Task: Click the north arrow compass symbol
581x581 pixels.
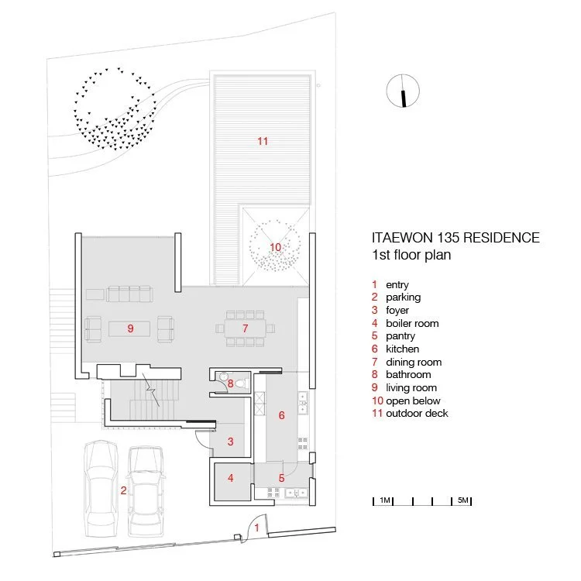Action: [x=403, y=91]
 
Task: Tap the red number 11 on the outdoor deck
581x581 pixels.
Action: [x=263, y=141]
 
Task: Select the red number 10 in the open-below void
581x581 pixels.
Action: [x=275, y=247]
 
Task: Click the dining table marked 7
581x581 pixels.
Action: [x=245, y=328]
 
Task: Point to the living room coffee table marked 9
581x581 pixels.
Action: [x=129, y=328]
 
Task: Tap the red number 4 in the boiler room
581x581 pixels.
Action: [x=231, y=478]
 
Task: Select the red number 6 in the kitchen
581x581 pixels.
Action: [x=282, y=415]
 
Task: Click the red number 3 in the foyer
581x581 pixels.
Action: [x=231, y=442]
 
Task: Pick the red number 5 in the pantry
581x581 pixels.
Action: [x=282, y=479]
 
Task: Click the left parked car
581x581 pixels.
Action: [x=101, y=488]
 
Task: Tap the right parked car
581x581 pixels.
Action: [x=146, y=491]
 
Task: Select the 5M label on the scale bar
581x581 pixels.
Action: [x=462, y=500]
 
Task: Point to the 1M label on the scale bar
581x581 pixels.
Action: [x=384, y=500]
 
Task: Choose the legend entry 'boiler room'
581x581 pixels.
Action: [x=412, y=324]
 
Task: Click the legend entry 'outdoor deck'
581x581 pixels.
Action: [x=417, y=413]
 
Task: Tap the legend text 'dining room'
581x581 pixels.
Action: [x=414, y=362]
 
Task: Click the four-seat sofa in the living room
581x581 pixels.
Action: [x=129, y=294]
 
